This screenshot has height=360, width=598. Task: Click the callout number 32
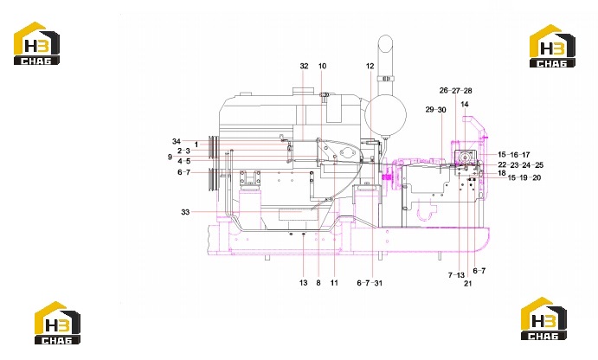304,66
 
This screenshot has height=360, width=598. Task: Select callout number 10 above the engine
322,66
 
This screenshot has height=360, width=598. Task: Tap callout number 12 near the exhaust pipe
370,66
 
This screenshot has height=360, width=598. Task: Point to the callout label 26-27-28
455,90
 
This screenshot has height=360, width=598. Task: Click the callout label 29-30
435,109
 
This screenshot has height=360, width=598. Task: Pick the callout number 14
465,104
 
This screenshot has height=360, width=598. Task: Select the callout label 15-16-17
514,154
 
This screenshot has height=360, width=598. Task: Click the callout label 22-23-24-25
521,165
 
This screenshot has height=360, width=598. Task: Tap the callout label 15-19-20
524,177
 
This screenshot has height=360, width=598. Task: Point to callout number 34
177,141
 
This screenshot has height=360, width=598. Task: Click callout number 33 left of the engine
185,212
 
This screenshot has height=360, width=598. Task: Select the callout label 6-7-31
370,283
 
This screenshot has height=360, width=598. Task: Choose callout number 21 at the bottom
468,283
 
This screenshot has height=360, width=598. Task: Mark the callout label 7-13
456,275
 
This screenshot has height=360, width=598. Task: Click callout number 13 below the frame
303,283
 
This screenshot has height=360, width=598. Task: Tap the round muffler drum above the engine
385,114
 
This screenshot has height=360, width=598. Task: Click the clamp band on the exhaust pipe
386,79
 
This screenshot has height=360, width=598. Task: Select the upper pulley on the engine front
213,147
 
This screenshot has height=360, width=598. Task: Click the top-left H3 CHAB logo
36,43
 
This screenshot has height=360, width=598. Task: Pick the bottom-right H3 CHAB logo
543,318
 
